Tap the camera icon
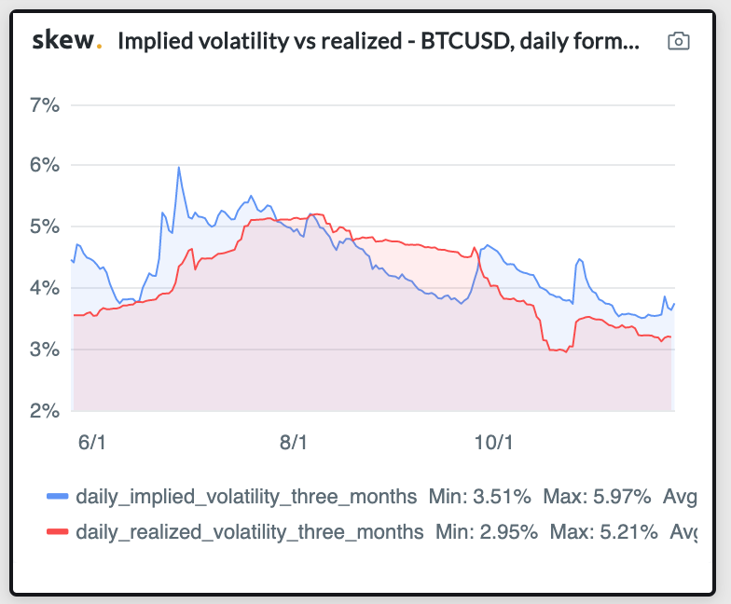679,41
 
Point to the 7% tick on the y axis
44,104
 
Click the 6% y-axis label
44,166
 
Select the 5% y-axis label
44,227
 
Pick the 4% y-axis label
44,289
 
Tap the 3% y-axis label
44,350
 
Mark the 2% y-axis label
44,411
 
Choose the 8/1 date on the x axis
293,442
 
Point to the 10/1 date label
494,442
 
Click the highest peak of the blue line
178,168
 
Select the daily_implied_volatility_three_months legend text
247,496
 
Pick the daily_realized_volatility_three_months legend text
250,532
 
